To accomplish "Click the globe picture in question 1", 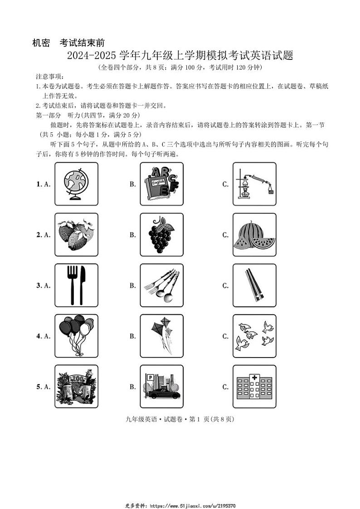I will (76, 184).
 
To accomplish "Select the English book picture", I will (162, 184).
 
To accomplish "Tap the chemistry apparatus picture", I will (254, 184).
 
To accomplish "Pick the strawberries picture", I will (76, 235).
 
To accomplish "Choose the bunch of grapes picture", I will (162, 235).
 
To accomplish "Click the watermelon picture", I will (254, 235).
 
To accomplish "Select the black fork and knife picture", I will (76, 286).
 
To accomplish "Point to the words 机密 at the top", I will (41, 43).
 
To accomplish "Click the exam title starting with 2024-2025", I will (180, 56).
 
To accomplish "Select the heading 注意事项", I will (50, 76).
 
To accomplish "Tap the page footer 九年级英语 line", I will (180, 419).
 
